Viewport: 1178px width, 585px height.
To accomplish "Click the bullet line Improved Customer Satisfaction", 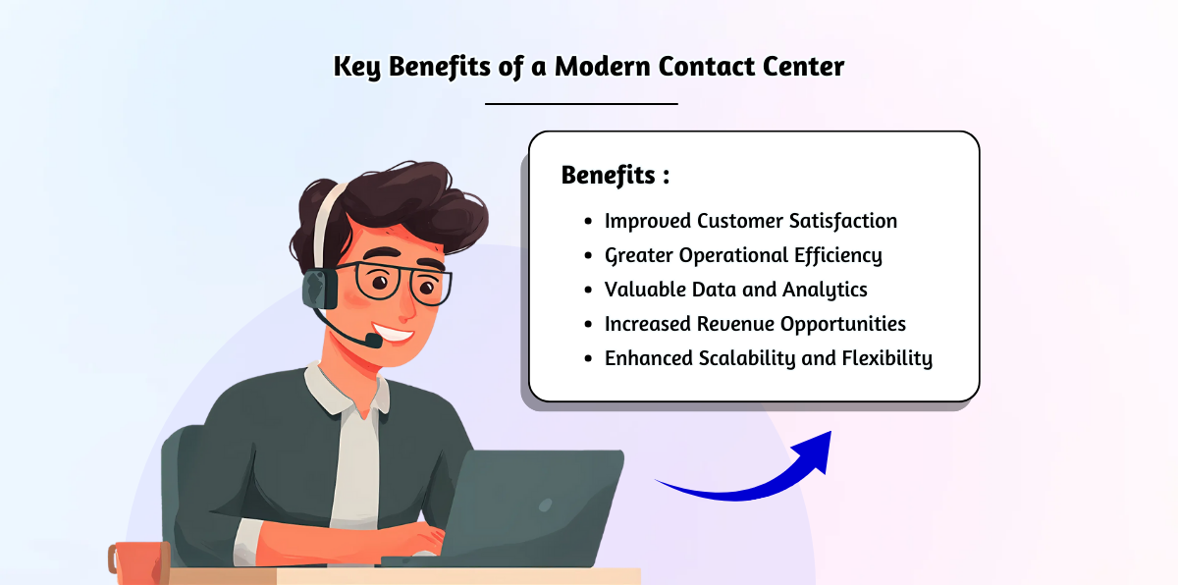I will coord(750,221).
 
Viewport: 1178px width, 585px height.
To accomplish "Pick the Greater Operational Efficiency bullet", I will coord(742,255).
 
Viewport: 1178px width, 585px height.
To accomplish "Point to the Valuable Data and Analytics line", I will coord(735,290).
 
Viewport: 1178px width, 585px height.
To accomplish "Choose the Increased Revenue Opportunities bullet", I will coord(754,324).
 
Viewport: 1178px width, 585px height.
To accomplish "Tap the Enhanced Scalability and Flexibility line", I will coord(768,358).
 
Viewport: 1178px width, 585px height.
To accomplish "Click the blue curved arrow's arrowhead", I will coord(814,450).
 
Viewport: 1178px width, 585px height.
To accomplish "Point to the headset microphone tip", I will coord(373,341).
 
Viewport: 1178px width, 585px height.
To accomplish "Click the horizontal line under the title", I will coord(581,103).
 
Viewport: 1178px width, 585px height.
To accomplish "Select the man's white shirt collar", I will coord(344,388).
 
